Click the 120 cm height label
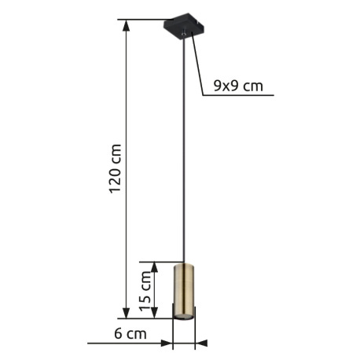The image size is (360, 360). [116, 169]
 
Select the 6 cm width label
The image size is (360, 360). [130, 333]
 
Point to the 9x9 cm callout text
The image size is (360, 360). [238, 86]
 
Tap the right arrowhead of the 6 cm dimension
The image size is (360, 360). [200, 343]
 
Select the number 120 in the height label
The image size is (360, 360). [116, 179]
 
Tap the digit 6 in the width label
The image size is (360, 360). [118, 333]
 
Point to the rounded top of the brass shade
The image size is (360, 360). [184, 266]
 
